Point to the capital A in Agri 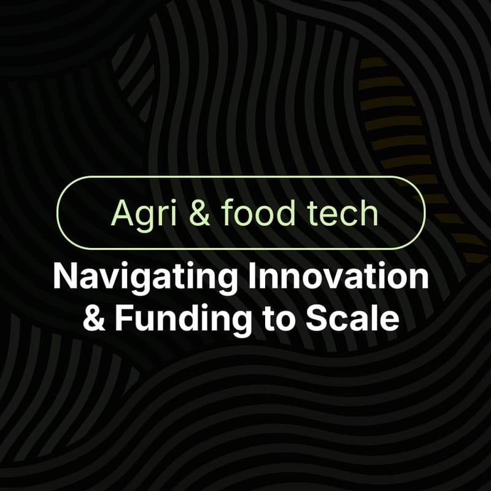120,212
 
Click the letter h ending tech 369,212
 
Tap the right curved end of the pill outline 424,212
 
